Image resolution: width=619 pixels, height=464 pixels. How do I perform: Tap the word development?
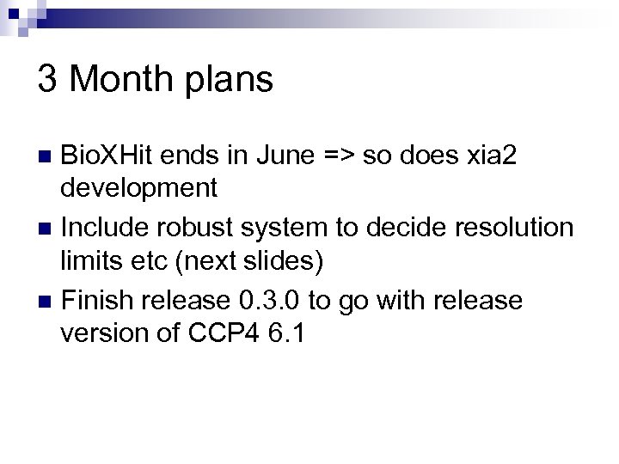pos(138,187)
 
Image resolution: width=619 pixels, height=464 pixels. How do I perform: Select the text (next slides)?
pos(248,260)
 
